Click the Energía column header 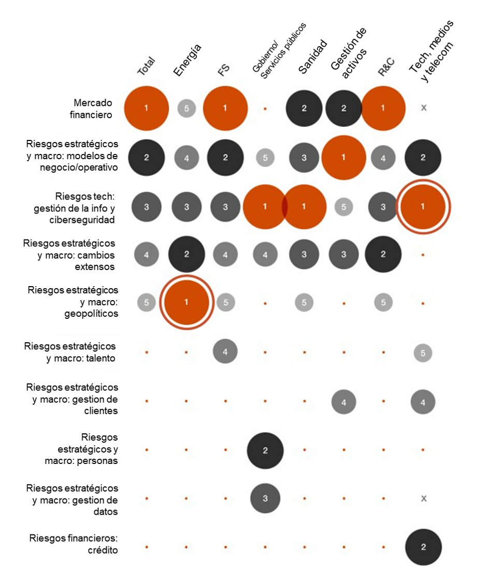click(x=187, y=61)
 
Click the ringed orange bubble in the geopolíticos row click(x=186, y=302)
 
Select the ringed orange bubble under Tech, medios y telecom click(x=423, y=206)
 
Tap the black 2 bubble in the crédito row click(x=423, y=547)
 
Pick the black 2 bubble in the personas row click(x=265, y=450)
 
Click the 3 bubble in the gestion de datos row click(x=265, y=499)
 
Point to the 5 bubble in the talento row click(x=423, y=353)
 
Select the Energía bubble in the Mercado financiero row click(x=186, y=108)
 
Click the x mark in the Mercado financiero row click(x=423, y=108)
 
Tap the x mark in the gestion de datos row click(x=423, y=499)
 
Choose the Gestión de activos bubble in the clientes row click(x=344, y=402)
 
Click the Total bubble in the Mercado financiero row click(x=147, y=108)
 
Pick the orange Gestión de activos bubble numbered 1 click(x=344, y=157)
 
